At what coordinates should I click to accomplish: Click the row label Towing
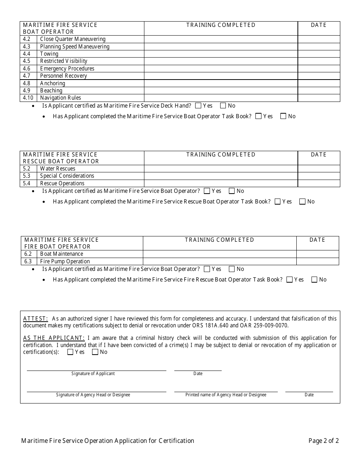49,54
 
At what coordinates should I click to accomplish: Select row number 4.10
28,98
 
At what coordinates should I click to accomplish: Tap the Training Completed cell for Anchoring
221,83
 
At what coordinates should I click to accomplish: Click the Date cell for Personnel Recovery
319,76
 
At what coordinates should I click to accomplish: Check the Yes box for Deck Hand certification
198,106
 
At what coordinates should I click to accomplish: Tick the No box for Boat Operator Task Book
283,116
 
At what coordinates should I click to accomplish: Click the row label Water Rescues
58,169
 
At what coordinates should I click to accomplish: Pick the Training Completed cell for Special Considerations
221,176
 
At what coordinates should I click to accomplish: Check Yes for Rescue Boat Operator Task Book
277,202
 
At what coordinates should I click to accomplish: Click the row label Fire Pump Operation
65,261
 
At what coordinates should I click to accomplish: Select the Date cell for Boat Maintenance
318,254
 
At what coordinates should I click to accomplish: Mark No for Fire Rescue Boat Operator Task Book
314,280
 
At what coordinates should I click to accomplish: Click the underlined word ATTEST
35,319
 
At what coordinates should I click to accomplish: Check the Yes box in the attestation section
70,352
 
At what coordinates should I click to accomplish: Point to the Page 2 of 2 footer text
323,441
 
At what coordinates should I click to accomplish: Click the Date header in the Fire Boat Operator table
317,240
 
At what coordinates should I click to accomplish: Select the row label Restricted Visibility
64,61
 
